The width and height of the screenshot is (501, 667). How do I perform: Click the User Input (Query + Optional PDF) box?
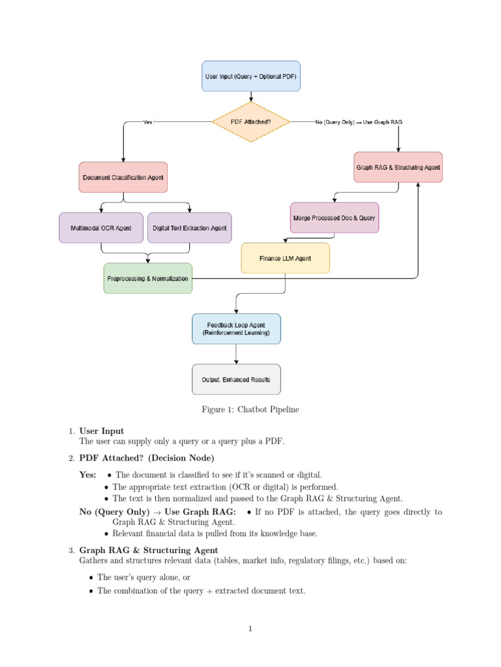250,76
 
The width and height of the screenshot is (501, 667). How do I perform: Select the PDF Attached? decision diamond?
251,121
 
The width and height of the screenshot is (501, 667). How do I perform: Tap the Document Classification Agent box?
123,177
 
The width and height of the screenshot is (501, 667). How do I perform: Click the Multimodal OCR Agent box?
101,228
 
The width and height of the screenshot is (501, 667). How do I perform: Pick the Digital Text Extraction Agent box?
189,228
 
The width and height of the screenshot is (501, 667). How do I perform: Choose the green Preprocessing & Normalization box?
147,278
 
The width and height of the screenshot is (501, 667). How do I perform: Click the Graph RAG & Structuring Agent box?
398,167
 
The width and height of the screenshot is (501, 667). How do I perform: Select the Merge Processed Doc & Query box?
334,218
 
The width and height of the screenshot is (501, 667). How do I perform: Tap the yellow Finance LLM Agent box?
285,258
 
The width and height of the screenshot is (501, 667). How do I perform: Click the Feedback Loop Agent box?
235,328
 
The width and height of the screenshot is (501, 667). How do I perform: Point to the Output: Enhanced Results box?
235,379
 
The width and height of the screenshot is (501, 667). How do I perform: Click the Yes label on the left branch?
148,122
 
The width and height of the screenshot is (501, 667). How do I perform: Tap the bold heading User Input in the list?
101,431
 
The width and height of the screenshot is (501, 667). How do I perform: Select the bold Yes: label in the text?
88,475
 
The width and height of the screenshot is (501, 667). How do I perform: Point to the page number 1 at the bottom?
250,629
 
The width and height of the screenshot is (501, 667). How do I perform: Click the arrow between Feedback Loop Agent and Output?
235,354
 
